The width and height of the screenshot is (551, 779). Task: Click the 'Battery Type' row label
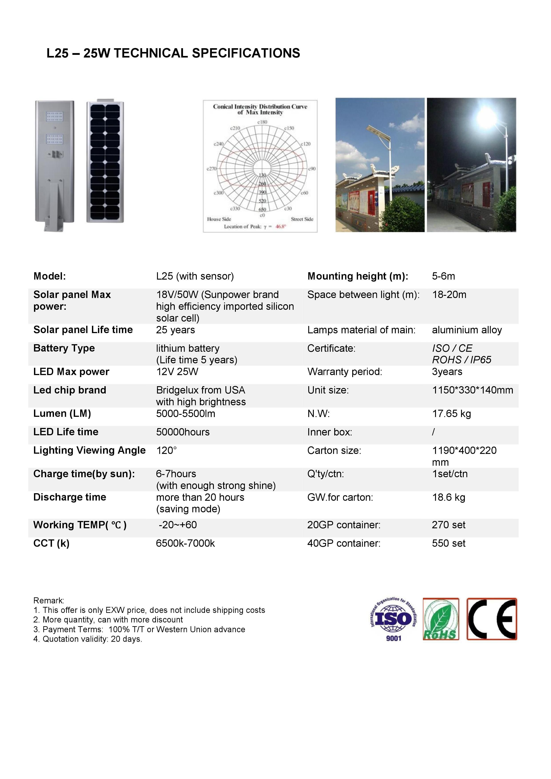point(64,348)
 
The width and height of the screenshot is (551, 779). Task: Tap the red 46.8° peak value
point(280,227)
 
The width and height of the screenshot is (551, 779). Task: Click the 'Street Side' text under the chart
point(302,219)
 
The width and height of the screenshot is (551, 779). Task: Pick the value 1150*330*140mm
point(472,390)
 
